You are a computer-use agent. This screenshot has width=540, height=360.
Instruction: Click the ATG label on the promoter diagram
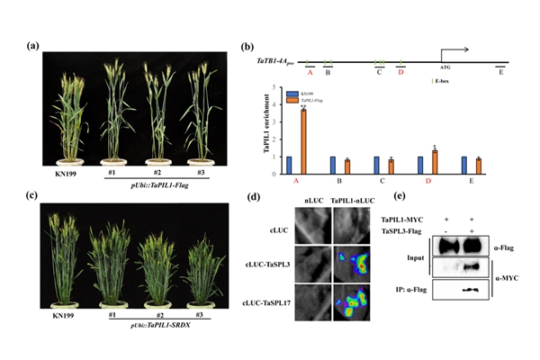click(445, 67)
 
